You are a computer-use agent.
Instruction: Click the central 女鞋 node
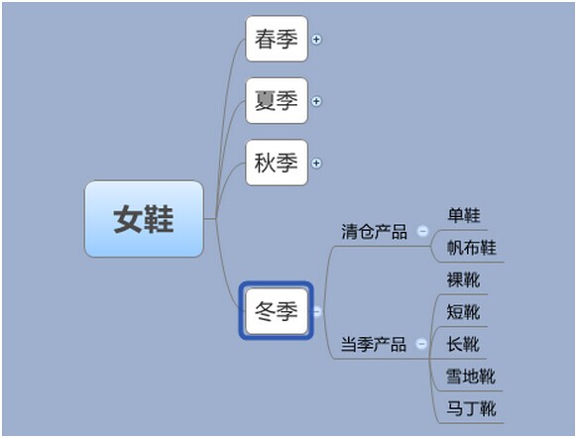tap(144, 219)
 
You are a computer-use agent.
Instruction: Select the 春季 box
tap(277, 39)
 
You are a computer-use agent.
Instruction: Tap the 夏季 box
tap(277, 101)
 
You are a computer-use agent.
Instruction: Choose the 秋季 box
tap(277, 163)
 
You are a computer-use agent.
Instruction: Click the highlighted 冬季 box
tap(277, 311)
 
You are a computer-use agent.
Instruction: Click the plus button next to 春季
tap(316, 40)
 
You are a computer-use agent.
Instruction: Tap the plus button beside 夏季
tap(316, 101)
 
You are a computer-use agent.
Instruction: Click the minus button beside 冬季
tap(316, 311)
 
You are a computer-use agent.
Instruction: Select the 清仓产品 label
tap(374, 232)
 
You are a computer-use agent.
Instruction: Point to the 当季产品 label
tap(374, 345)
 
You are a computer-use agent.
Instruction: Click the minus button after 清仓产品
tap(422, 231)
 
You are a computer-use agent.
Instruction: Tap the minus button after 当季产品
tap(421, 344)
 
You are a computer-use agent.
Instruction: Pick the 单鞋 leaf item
tap(464, 215)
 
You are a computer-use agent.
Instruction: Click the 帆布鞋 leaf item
tap(471, 248)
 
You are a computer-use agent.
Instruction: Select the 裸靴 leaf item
tap(463, 279)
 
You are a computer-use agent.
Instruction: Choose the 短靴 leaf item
tap(463, 312)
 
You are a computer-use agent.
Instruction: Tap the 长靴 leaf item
tap(463, 345)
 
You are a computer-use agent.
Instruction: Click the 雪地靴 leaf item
tap(471, 377)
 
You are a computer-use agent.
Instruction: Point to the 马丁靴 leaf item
tap(471, 408)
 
